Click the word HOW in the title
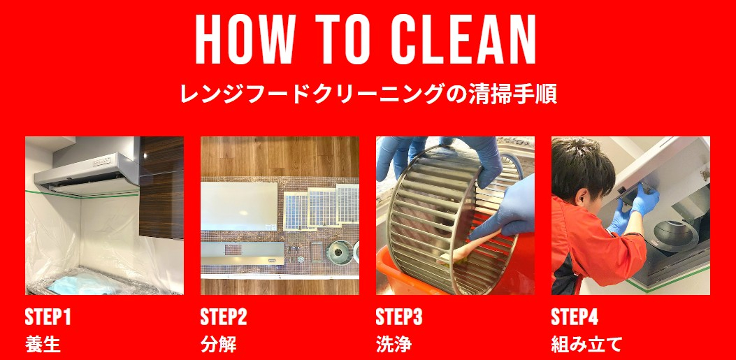[x=239, y=40]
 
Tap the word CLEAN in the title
[x=463, y=40]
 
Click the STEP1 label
[x=48, y=317]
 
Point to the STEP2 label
[x=224, y=317]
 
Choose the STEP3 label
[x=399, y=317]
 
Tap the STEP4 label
[x=575, y=317]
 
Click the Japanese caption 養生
[x=43, y=345]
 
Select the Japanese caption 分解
[x=218, y=345]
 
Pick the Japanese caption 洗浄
[x=394, y=345]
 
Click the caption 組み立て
[x=586, y=345]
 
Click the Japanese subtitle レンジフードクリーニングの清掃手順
[x=368, y=94]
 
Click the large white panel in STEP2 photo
[x=239, y=206]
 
